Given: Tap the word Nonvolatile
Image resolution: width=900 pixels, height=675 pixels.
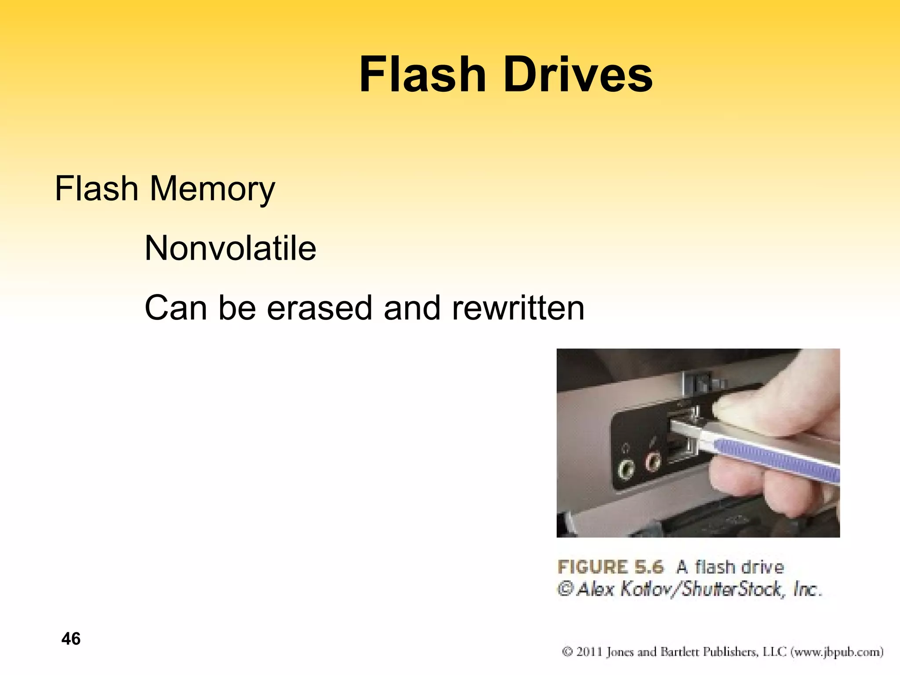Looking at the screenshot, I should click(230, 248).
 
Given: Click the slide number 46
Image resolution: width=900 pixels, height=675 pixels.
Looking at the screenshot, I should click(71, 639).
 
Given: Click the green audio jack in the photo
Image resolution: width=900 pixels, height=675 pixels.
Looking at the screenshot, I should click(626, 469).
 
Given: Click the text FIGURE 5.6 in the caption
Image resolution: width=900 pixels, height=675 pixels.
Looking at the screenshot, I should click(610, 567).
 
